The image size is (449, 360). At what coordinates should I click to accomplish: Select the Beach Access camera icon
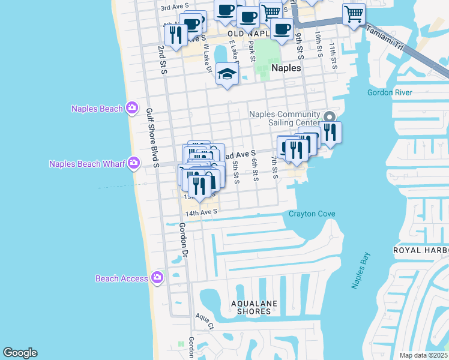pos(157,277)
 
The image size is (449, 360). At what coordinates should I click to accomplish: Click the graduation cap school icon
pos(228,74)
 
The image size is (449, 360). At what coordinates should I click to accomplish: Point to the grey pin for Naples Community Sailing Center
pos(328,116)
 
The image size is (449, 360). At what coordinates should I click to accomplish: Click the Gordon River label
pos(390,92)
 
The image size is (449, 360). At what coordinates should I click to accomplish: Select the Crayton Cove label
pos(312,214)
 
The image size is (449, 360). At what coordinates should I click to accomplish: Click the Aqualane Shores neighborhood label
pos(255,307)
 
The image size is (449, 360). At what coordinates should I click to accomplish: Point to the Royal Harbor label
pos(421,250)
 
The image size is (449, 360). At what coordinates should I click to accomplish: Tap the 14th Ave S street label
pos(200,212)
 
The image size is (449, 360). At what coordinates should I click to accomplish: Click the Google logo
pos(20,353)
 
